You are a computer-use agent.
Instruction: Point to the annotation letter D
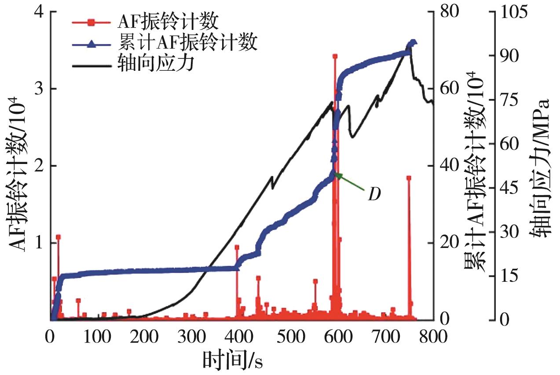click(374, 194)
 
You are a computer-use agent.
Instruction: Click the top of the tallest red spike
click(335, 56)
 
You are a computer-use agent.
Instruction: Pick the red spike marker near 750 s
click(409, 178)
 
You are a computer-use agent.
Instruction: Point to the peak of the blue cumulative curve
click(413, 42)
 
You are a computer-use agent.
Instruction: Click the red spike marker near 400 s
click(237, 247)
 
